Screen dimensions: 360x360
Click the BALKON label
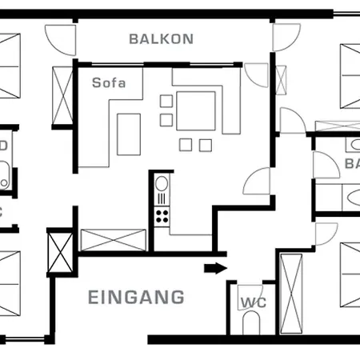[162, 38]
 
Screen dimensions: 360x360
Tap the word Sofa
[108, 82]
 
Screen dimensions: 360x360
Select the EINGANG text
[135, 298]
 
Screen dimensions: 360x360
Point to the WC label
[253, 302]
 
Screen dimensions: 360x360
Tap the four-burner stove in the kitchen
[162, 214]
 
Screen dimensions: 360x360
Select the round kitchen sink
[162, 195]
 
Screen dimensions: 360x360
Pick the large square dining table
[195, 108]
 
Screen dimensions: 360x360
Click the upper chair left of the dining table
[166, 102]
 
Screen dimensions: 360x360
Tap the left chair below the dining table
[186, 145]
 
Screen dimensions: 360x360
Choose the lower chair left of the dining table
[166, 119]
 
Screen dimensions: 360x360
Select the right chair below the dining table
[205, 145]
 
